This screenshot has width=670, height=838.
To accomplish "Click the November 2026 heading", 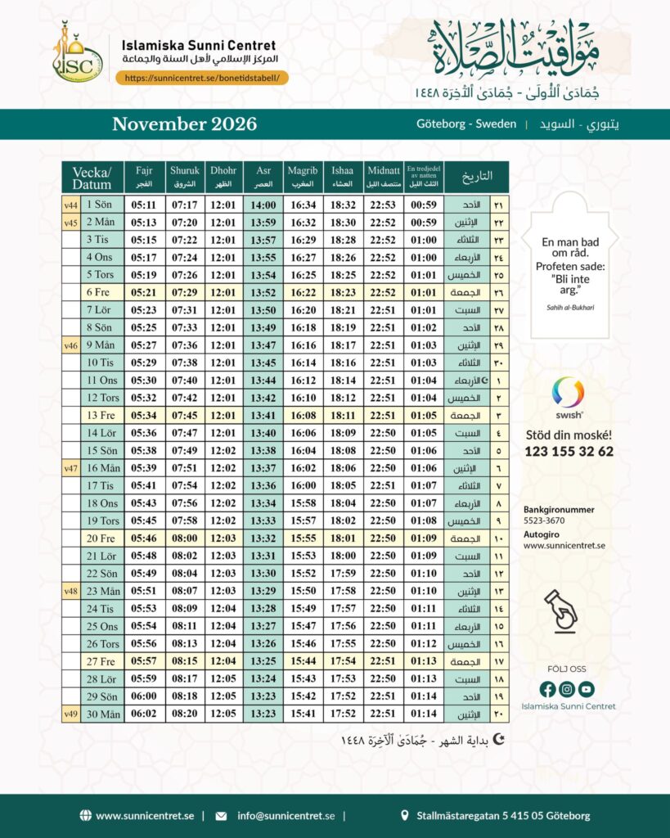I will click(x=184, y=124).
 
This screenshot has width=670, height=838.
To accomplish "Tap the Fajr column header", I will click(x=144, y=177).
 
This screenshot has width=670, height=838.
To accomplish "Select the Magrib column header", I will click(x=303, y=177).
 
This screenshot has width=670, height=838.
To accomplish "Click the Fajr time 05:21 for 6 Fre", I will click(x=144, y=292).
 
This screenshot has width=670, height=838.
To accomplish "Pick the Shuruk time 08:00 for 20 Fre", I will click(x=184, y=538).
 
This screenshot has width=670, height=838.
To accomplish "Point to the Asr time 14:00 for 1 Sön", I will click(x=263, y=205).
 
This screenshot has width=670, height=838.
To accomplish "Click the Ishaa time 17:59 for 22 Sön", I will click(x=343, y=574).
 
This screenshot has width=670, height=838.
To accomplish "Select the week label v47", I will click(x=71, y=468).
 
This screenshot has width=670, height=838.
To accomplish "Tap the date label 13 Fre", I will click(x=101, y=415).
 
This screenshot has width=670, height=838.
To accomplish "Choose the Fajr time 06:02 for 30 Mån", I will click(x=144, y=714).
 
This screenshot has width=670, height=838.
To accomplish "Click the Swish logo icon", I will click(x=568, y=392).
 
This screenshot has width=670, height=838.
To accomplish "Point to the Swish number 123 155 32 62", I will click(x=569, y=452).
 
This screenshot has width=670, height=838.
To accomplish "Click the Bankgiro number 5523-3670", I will click(x=543, y=520).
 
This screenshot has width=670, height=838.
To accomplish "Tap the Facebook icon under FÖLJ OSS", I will click(x=548, y=689).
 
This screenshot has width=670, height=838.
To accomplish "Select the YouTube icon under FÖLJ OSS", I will click(x=587, y=689).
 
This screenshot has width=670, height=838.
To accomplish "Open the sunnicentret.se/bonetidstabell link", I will click(x=202, y=78).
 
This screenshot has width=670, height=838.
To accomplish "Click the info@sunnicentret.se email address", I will click(x=286, y=816).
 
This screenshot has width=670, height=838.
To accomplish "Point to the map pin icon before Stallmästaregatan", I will click(x=405, y=816).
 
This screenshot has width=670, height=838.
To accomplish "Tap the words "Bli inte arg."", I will click(x=569, y=285).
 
